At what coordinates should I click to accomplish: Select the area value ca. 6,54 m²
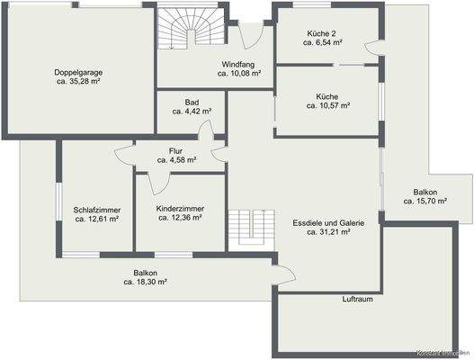[322, 42]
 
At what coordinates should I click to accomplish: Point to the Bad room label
[192, 102]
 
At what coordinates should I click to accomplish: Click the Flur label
[175, 150]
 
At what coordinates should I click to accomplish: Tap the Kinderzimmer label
[180, 208]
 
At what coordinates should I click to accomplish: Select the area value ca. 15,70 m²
[425, 202]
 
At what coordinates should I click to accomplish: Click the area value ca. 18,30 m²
[146, 282]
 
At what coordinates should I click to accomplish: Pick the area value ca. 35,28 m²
[78, 80]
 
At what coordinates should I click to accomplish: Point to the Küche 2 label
[322, 32]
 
